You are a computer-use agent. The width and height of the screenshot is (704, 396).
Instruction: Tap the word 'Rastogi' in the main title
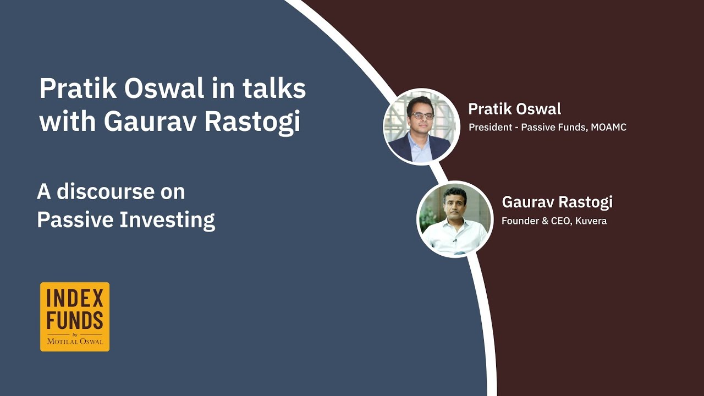pyautogui.click(x=252, y=122)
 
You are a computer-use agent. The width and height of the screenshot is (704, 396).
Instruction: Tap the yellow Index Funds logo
pyautogui.click(x=75, y=316)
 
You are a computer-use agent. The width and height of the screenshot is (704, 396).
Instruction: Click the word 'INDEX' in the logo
pyautogui.click(x=75, y=299)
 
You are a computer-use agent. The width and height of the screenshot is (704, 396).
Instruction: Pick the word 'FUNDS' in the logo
pyautogui.click(x=75, y=320)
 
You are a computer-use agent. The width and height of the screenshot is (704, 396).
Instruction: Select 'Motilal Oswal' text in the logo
pyautogui.click(x=75, y=341)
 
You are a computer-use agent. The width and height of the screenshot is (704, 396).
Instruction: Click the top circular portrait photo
pyautogui.click(x=421, y=127)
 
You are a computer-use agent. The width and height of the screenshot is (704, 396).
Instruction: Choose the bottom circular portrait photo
pyautogui.click(x=455, y=219)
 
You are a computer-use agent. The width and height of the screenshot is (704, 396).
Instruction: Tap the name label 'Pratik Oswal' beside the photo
pyautogui.click(x=514, y=109)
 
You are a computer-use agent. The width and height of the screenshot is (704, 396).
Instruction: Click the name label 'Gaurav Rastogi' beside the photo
pyautogui.click(x=557, y=202)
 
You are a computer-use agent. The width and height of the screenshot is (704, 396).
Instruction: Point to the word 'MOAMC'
pyautogui.click(x=608, y=128)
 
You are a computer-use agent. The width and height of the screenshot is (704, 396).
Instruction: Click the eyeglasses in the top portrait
pyautogui.click(x=422, y=116)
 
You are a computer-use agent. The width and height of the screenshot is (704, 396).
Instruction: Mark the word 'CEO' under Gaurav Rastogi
pyautogui.click(x=563, y=221)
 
